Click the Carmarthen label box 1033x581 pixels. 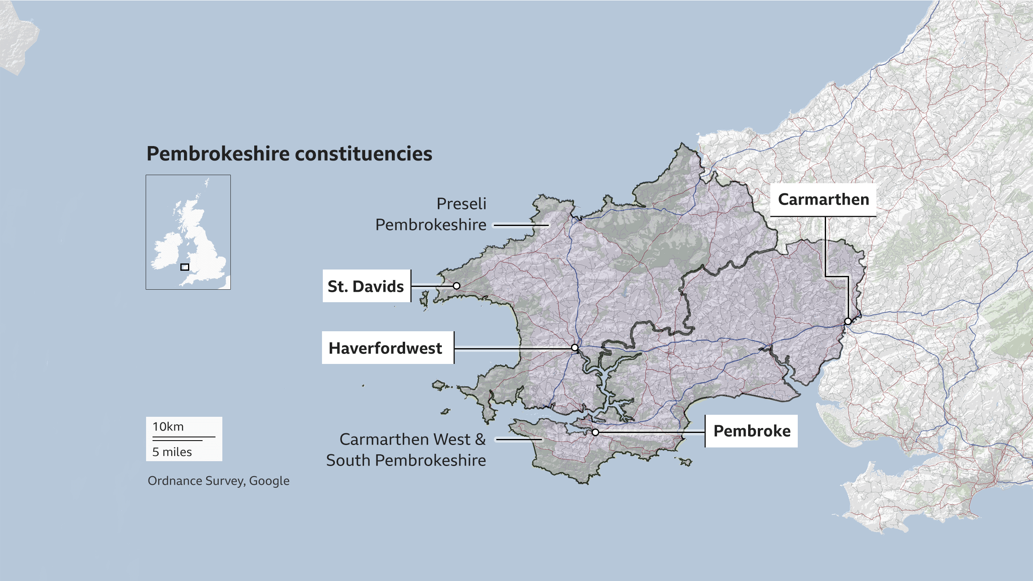click(823, 200)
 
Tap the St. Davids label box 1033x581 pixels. click(366, 286)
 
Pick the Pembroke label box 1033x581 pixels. click(752, 431)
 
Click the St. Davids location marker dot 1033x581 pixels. click(456, 286)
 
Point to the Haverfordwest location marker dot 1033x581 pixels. click(575, 348)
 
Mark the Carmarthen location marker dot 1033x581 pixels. click(848, 322)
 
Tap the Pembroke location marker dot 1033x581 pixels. click(595, 433)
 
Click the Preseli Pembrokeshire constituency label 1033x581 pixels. click(431, 214)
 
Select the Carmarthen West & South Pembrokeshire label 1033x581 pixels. click(406, 449)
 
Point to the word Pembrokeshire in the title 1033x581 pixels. click(218, 154)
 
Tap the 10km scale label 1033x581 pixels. click(168, 426)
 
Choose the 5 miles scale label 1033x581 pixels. click(172, 452)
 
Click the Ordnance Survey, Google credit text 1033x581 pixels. click(218, 481)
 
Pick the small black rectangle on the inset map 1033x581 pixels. click(185, 267)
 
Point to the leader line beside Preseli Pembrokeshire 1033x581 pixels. click(521, 225)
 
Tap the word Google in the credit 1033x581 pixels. click(269, 481)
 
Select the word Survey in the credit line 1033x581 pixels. click(224, 481)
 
